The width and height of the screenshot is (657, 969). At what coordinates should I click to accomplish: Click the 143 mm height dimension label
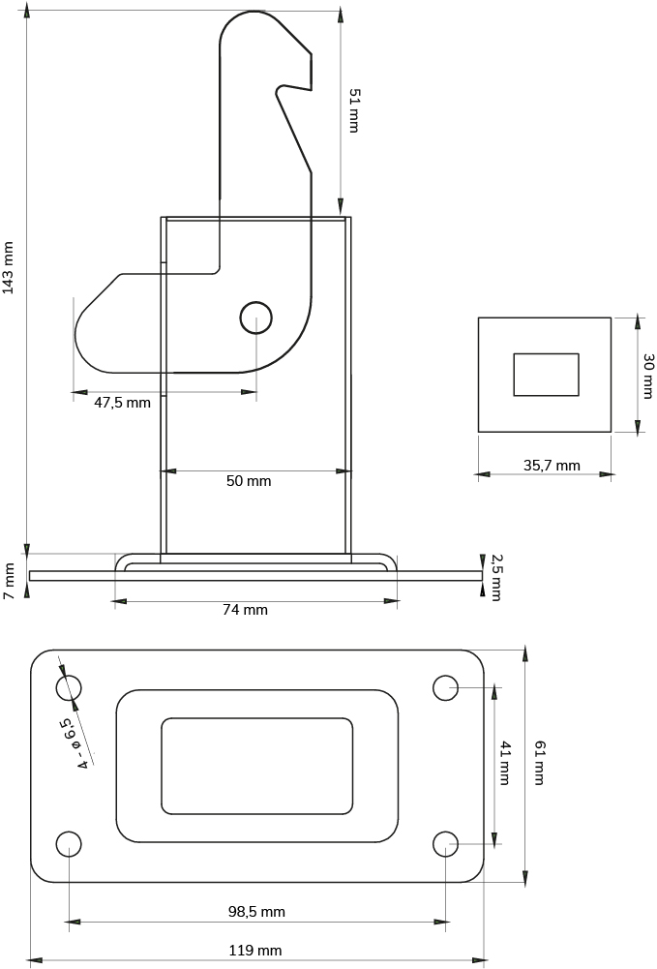(9, 267)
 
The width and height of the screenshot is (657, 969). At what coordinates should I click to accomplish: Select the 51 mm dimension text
(354, 109)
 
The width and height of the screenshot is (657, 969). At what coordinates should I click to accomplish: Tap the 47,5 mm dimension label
(122, 403)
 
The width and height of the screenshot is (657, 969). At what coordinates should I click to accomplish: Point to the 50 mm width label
(249, 481)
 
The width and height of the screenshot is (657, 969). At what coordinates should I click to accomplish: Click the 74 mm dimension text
(245, 610)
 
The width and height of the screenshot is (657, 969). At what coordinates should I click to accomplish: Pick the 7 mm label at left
(9, 581)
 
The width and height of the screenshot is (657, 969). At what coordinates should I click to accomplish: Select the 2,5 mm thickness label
(496, 577)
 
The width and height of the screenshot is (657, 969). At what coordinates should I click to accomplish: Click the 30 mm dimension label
(648, 376)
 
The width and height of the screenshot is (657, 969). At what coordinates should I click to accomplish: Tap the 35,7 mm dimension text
(552, 466)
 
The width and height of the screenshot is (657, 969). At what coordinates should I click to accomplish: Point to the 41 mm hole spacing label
(505, 763)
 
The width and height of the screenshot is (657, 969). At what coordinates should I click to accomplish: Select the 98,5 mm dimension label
(256, 912)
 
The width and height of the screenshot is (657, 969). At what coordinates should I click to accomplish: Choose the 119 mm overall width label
(255, 951)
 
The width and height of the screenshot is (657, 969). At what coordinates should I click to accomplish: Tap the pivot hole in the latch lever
(255, 317)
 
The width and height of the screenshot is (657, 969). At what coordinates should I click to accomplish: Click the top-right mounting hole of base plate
(445, 687)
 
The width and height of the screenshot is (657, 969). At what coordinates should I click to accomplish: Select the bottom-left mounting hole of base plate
(69, 844)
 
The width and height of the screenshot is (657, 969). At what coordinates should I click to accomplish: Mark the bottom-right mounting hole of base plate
(445, 844)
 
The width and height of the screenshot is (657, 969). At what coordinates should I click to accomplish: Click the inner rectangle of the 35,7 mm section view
(546, 375)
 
